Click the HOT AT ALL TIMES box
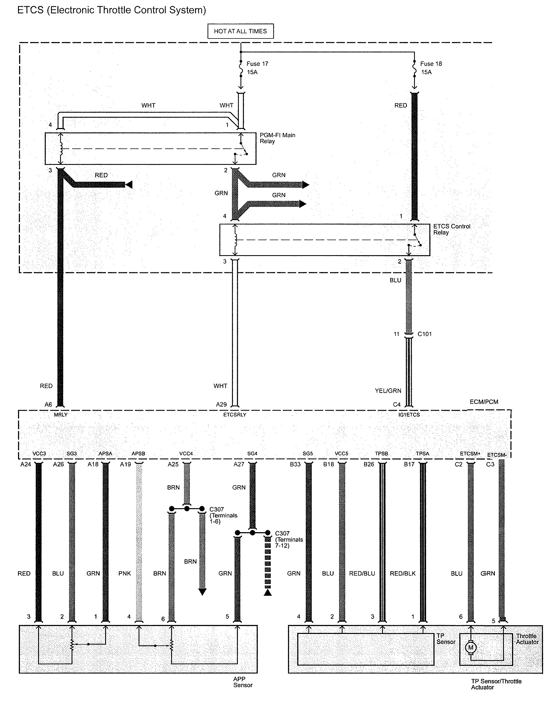click(x=240, y=31)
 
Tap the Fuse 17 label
click(x=257, y=64)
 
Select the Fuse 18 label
click(x=430, y=64)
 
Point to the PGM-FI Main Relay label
click(x=277, y=138)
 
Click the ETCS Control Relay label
click(x=451, y=229)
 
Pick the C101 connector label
click(x=424, y=334)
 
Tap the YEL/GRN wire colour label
click(x=388, y=391)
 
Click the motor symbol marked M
click(x=470, y=647)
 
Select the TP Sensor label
click(x=445, y=639)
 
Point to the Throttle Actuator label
click(x=527, y=639)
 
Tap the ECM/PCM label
click(x=484, y=402)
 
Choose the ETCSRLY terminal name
click(x=234, y=415)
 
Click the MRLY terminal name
click(x=61, y=415)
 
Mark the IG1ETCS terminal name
click(x=409, y=415)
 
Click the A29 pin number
click(x=221, y=404)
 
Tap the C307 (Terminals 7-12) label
click(x=289, y=539)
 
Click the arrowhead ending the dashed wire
click(x=268, y=592)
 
